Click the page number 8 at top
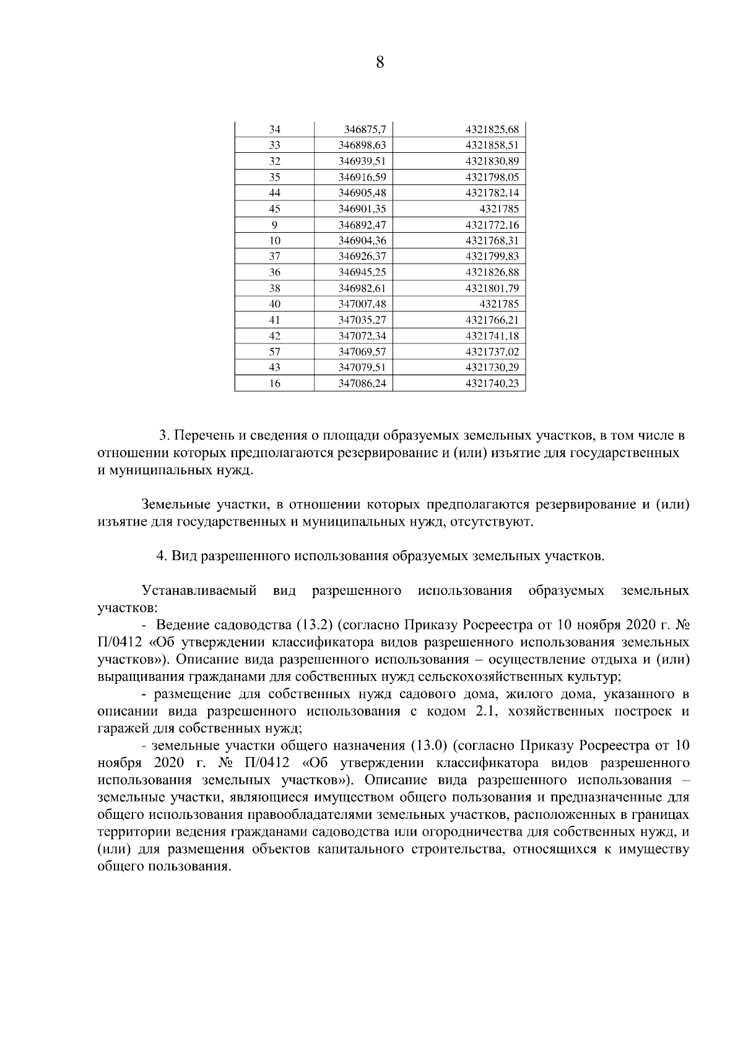380,63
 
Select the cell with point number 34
275,129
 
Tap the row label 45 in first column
275,209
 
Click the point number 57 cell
275,352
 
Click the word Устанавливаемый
199,590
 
